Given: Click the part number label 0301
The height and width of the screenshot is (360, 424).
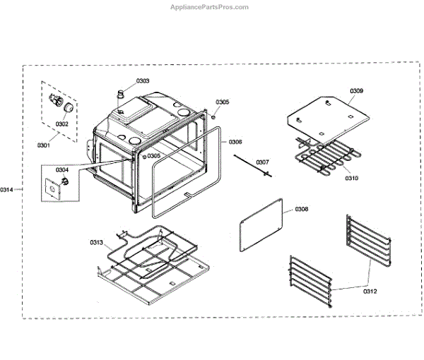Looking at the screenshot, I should [44, 145].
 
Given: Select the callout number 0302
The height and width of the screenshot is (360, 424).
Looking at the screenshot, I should [61, 124].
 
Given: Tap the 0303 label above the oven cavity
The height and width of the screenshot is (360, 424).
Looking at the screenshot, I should [143, 81].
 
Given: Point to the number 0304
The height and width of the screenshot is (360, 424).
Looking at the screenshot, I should [62, 169].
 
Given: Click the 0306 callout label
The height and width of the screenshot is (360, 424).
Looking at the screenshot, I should [235, 142].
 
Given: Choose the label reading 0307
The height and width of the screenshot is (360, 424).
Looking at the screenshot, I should [264, 162].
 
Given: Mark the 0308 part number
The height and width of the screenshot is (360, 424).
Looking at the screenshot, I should [302, 209].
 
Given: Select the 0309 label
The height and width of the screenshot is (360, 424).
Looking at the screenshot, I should [357, 91].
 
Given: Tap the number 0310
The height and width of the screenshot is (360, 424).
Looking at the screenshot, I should [352, 178].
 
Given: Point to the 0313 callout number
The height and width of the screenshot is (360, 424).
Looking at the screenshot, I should [97, 243].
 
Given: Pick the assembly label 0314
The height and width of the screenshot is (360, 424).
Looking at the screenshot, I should [7, 189].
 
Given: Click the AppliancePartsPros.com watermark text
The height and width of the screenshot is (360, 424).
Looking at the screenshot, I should [210, 7].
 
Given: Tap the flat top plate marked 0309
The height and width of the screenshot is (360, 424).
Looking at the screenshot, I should [329, 116].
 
